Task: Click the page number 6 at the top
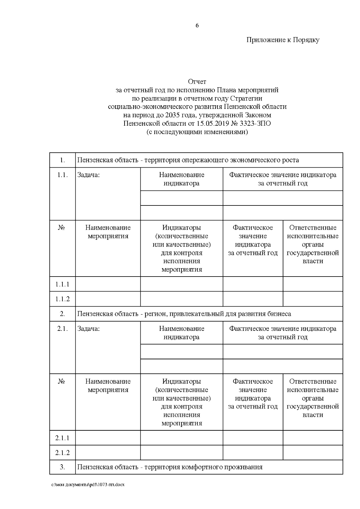click(197, 26)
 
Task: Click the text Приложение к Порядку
click(283, 40)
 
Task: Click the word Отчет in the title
click(197, 82)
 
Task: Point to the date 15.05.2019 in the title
click(212, 124)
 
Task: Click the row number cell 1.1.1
click(62, 284)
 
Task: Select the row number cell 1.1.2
click(62, 299)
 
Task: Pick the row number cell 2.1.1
click(62, 438)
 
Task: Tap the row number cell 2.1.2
click(62, 453)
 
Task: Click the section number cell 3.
click(62, 467)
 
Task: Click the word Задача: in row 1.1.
click(88, 175)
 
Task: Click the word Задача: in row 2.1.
click(88, 329)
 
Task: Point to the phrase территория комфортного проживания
click(203, 467)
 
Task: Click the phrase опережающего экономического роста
click(240, 160)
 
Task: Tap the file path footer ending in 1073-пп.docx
click(88, 485)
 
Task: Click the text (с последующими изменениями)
click(197, 132)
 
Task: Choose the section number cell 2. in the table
click(62, 314)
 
